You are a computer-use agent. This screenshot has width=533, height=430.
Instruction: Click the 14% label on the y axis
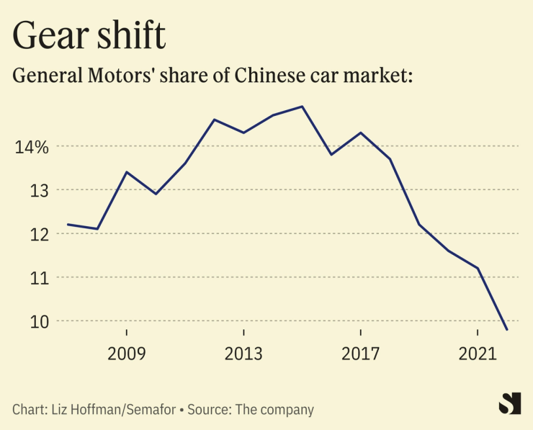point(32,147)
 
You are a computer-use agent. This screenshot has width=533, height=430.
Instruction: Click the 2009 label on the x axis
point(127,354)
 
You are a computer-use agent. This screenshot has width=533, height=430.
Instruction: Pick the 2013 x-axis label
point(244,354)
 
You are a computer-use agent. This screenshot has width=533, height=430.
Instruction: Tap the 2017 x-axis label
point(360,354)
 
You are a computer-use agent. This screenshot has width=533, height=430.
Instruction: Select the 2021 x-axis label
point(478,354)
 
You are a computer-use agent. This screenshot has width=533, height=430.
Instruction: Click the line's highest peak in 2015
point(303,107)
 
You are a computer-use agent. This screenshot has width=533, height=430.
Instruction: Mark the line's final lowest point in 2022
point(507,330)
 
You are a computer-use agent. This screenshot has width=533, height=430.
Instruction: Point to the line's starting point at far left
point(68,225)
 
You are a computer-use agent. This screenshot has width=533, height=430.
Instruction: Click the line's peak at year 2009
point(127,172)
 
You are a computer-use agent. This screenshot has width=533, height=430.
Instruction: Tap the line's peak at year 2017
point(360,133)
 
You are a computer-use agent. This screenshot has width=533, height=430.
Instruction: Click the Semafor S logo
point(509,403)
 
